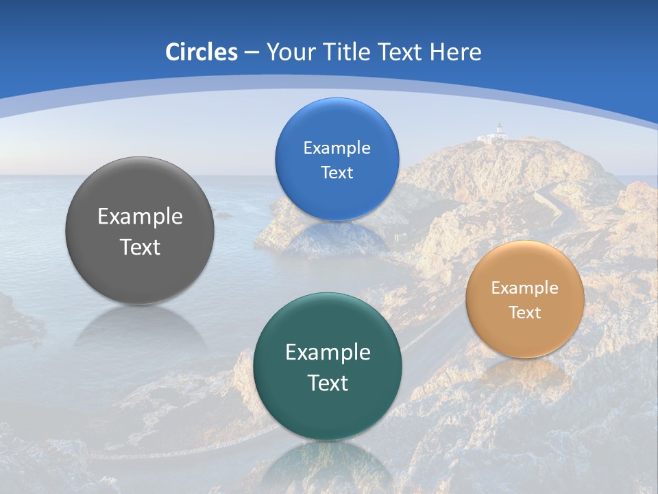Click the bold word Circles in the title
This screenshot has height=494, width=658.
click(201, 52)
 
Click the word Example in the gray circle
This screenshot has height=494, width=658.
click(140, 217)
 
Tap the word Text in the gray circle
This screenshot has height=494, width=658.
click(140, 248)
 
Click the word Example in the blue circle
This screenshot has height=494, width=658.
click(337, 148)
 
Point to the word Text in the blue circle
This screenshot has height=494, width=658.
click(337, 173)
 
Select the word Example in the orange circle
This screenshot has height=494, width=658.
click(525, 288)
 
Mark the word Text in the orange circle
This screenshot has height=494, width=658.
click(525, 313)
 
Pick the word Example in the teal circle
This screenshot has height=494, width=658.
click(328, 353)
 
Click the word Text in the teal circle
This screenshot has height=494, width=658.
click(328, 383)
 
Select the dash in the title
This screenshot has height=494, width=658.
click(252, 53)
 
